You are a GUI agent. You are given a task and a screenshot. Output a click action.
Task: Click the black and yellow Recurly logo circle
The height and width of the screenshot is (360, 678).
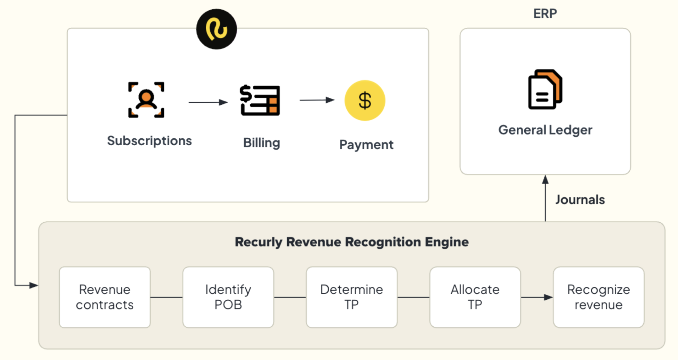217,29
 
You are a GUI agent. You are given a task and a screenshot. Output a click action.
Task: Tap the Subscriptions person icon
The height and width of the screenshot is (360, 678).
146,100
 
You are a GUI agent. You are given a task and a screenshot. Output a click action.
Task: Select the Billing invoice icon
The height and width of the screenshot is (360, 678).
260,100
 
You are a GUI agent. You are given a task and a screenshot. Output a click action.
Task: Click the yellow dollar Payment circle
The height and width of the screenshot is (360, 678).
365,101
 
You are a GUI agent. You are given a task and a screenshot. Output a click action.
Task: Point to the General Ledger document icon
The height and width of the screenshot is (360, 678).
545,89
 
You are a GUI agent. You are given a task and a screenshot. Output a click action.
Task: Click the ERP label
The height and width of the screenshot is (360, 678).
545,14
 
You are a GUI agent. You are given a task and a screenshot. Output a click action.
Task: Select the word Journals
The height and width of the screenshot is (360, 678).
580,200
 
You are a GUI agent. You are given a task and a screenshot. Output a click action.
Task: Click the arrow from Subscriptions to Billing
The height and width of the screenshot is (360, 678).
208,102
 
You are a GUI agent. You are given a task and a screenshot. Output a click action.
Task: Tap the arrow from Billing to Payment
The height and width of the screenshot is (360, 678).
317,100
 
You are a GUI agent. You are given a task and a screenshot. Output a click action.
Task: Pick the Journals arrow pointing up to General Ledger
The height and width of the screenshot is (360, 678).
545,198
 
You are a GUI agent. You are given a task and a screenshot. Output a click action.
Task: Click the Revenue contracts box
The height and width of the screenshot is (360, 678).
105,297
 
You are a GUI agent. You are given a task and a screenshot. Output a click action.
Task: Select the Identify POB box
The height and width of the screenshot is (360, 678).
228,297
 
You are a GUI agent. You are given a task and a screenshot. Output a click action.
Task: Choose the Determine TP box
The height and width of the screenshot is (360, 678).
352,297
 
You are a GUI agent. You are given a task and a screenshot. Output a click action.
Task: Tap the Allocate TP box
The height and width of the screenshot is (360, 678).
475,297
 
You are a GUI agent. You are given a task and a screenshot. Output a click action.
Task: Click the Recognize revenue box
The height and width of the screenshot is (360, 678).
599,297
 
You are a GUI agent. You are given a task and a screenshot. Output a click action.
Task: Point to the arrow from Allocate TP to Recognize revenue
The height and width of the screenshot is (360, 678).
537,297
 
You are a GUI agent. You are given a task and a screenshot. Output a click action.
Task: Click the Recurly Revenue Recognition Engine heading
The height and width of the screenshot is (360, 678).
352,242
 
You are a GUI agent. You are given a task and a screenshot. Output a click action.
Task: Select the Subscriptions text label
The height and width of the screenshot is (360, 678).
149,141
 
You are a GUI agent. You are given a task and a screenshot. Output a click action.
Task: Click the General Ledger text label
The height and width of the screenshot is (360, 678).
545,130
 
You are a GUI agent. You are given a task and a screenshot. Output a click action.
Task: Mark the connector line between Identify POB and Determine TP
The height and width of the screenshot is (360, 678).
290,297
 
